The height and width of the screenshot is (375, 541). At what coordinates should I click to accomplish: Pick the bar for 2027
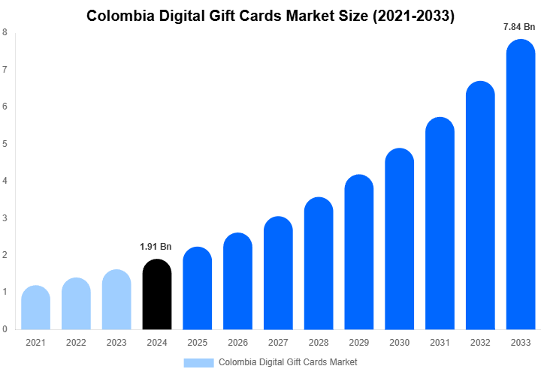click(x=278, y=273)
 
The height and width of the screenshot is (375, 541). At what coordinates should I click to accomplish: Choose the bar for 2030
click(x=399, y=239)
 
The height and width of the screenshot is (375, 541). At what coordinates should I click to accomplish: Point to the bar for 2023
click(x=116, y=299)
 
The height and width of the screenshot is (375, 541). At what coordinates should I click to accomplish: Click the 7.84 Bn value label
click(x=519, y=28)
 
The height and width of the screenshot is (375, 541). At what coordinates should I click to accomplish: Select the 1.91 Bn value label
click(x=156, y=246)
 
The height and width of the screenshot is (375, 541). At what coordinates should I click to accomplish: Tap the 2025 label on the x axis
click(x=197, y=343)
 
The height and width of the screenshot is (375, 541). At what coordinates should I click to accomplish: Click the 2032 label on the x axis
click(x=480, y=343)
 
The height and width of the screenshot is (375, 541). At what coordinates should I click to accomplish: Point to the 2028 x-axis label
click(x=319, y=343)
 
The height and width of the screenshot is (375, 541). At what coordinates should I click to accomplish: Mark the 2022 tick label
click(x=76, y=343)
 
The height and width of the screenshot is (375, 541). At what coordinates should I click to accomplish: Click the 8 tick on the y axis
click(x=5, y=32)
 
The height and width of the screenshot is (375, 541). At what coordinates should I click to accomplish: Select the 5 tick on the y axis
click(x=5, y=143)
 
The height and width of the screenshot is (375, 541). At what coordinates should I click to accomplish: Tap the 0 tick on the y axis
click(x=5, y=328)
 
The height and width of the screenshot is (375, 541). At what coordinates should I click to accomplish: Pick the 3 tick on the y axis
click(x=5, y=217)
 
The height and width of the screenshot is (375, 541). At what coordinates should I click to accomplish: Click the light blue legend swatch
click(x=198, y=362)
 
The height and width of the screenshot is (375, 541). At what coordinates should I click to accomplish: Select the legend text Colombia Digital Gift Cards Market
click(x=288, y=362)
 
